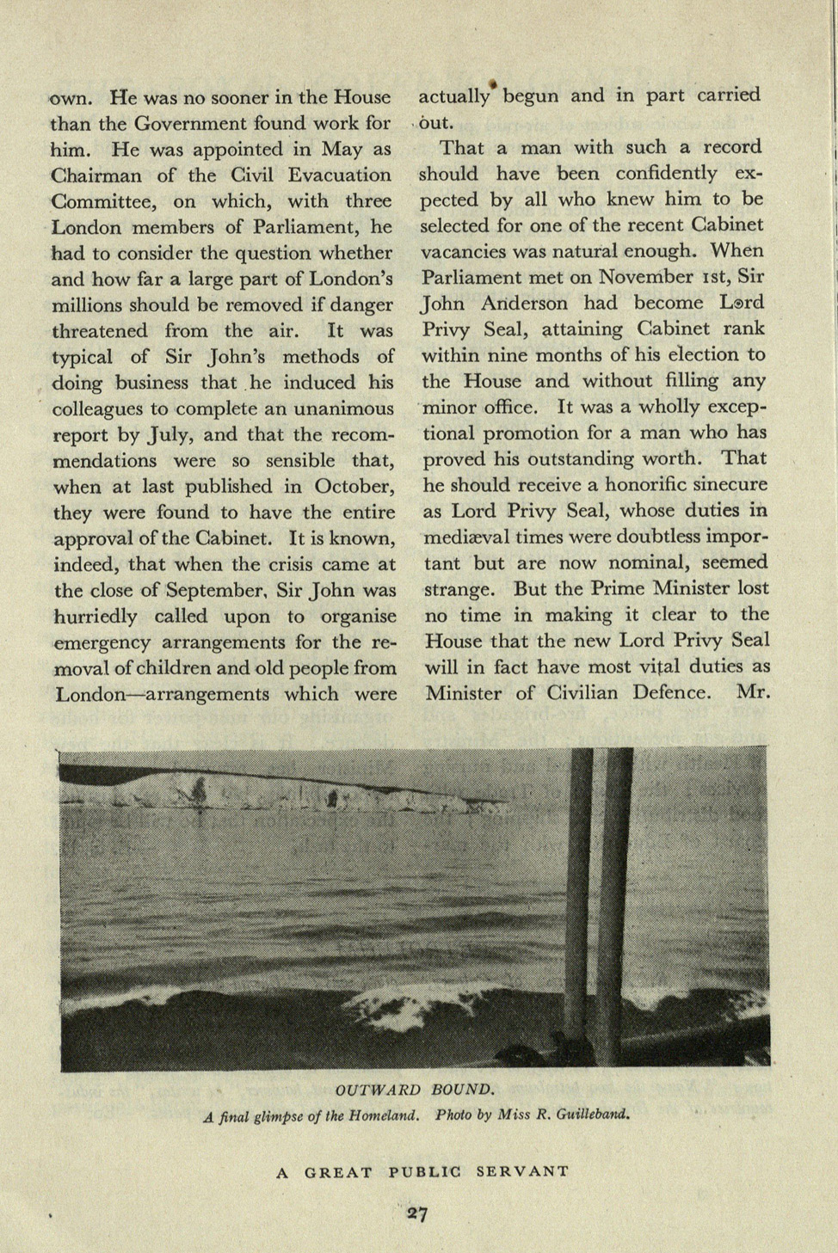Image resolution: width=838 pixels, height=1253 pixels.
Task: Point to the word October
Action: coord(353,487)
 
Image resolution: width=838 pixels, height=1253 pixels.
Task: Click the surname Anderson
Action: coord(525,304)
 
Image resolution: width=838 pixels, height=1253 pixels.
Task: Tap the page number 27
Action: coord(418,1214)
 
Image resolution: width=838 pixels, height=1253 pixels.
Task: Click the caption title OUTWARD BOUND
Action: coord(415,1090)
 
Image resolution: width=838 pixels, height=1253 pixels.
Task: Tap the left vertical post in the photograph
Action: coord(582,903)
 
